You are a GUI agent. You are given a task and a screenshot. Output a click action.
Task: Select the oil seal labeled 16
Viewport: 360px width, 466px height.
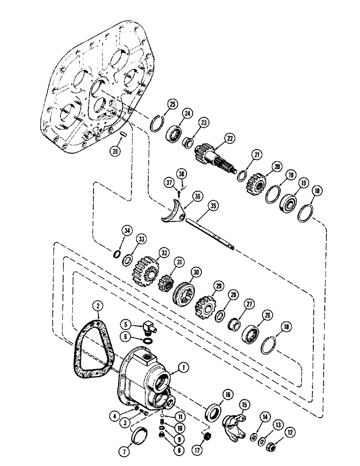tap(213, 412)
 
